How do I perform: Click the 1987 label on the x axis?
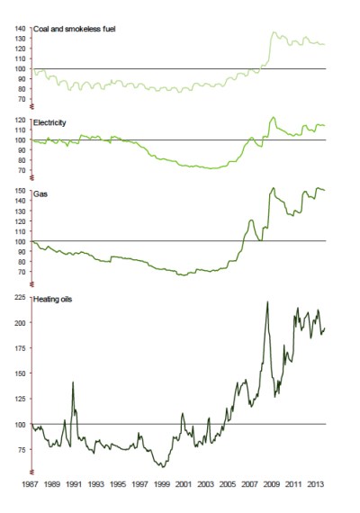pos(32,484)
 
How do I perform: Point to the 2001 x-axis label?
pos(184,484)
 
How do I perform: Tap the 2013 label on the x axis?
pos(313,484)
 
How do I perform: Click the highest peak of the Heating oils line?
pos(267,301)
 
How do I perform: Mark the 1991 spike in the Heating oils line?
pos(73,382)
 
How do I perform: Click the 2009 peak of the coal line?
pos(274,32)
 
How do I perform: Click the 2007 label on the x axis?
pos(248,484)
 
